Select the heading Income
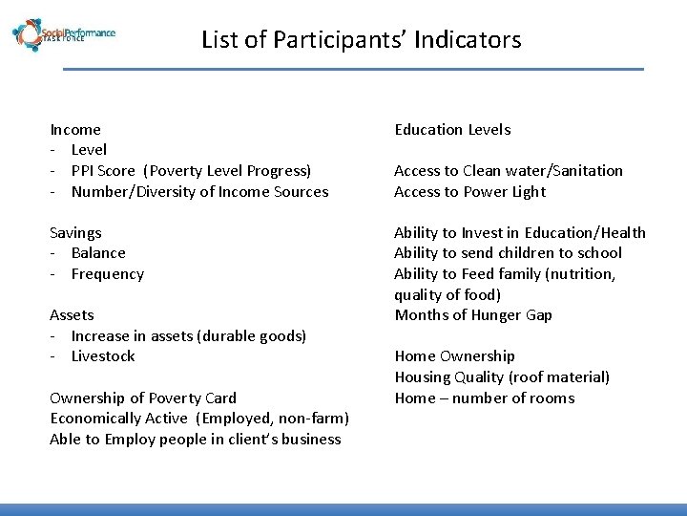[75, 129]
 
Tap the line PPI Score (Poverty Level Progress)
[191, 171]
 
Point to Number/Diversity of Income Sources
[199, 192]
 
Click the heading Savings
[75, 233]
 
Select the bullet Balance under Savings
[98, 253]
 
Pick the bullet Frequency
[107, 274]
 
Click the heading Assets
[72, 315]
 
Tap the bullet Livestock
[103, 356]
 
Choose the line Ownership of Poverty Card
[143, 398]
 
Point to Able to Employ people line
[195, 440]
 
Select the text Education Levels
[452, 130]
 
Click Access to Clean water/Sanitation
[508, 171]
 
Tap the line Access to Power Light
[469, 192]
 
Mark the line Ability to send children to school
[508, 253]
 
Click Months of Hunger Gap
[473, 315]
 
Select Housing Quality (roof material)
[502, 377]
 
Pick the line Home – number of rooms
[484, 398]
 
